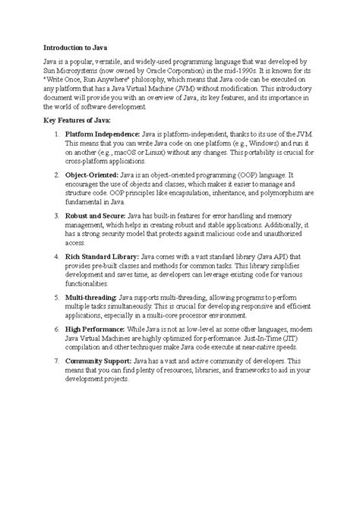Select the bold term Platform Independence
click(103, 134)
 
